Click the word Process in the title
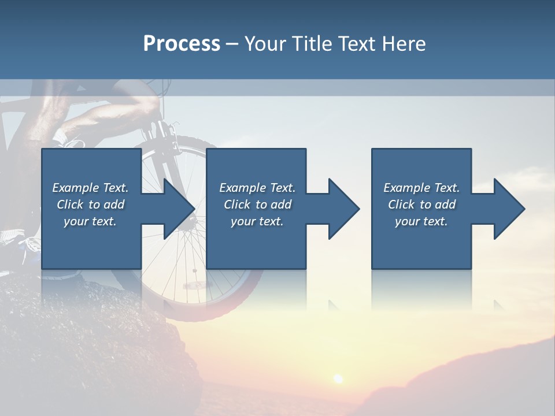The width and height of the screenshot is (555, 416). point(182,44)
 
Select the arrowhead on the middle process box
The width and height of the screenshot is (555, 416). point(343,209)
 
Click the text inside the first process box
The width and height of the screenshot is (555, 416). point(91,205)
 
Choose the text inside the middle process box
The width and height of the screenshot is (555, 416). point(257,205)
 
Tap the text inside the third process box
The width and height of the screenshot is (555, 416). point(421,205)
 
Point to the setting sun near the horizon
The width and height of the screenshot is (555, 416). point(338,378)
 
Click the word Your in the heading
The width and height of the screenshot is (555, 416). point(263,44)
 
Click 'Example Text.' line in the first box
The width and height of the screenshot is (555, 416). point(91,188)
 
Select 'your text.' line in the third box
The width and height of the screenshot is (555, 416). point(421,221)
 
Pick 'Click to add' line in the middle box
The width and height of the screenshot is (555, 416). point(257,205)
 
